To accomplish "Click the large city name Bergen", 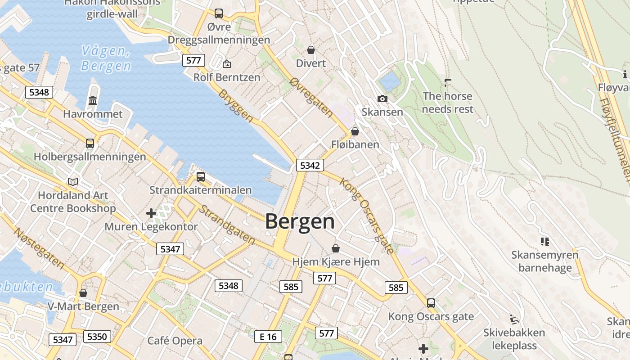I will point(300,222).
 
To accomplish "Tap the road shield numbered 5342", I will point(310,165).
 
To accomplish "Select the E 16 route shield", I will point(268,337).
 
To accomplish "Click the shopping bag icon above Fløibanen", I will point(355,131).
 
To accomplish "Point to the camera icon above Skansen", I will point(382,99).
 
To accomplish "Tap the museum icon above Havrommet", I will point(93,100).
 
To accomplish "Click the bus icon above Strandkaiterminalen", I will point(201,176).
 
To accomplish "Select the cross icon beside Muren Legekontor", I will point(151,213).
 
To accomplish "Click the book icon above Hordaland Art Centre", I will point(73,182).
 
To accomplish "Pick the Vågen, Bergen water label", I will point(106,58).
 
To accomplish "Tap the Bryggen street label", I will point(235,105).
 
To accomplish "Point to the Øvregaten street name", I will point(311,97).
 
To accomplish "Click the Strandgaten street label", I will point(227,225).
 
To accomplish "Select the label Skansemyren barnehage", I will point(544,261).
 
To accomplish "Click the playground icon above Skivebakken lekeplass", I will point(514,320).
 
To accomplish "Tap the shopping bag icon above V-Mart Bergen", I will point(83,293).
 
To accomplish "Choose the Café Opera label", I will point(175,341).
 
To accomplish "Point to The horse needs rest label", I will point(447,103).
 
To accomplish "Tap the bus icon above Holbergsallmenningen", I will point(90,144).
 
